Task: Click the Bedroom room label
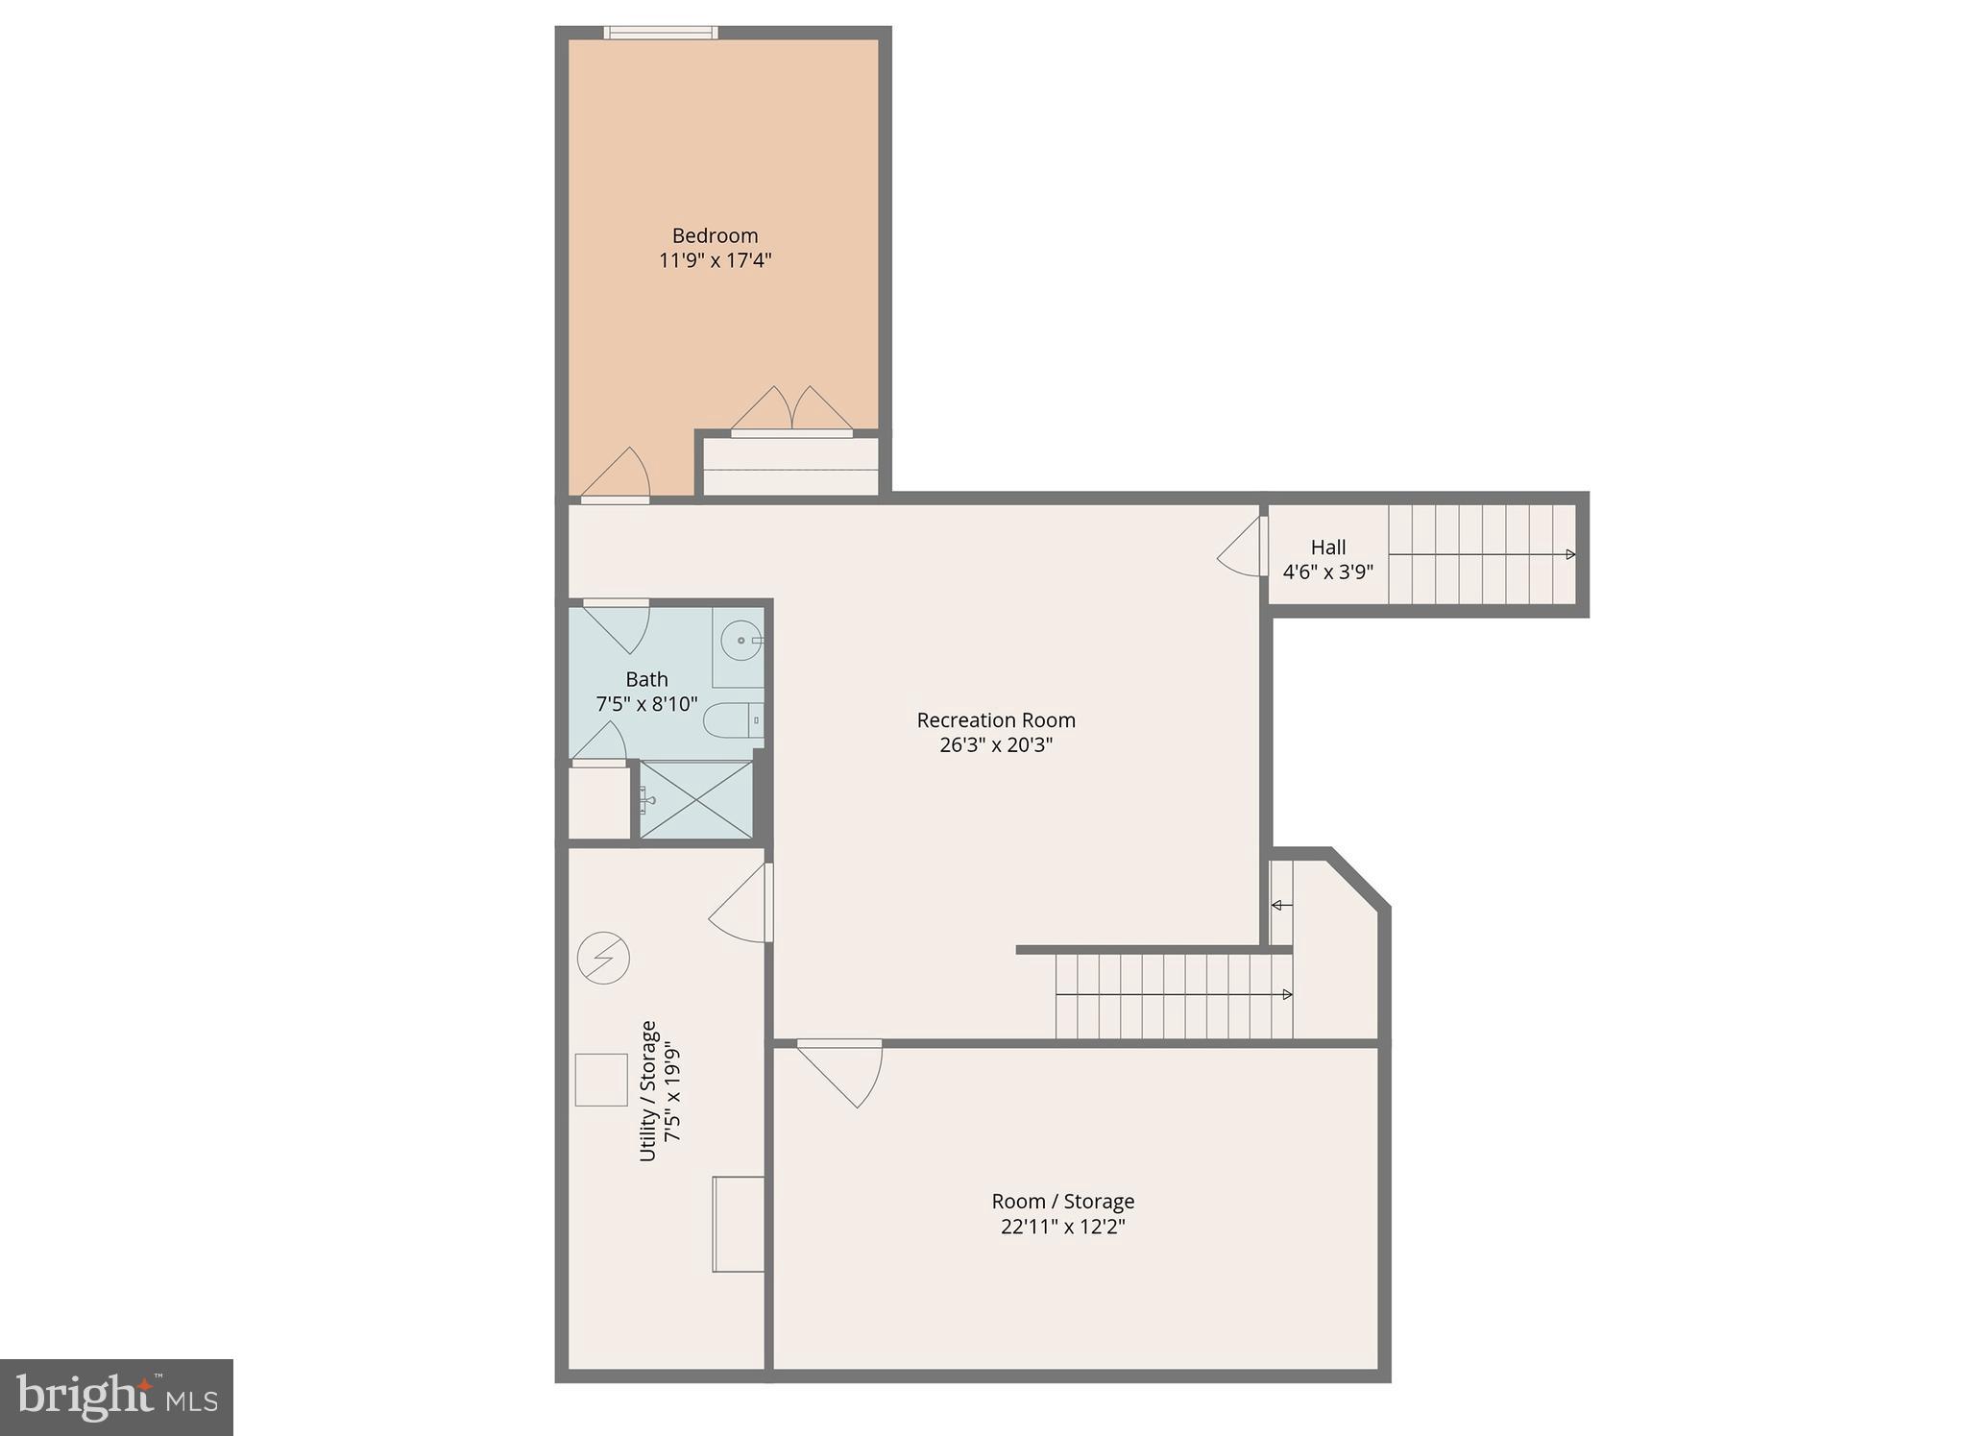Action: [x=715, y=235]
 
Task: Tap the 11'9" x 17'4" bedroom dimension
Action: [x=715, y=260]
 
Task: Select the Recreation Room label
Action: [x=996, y=720]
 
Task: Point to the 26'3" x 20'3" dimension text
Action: [x=996, y=745]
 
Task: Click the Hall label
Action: [x=1328, y=548]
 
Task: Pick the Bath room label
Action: [x=646, y=680]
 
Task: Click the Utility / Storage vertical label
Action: [x=648, y=1091]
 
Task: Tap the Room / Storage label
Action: [x=1063, y=1202]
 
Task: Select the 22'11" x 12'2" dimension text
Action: [x=1063, y=1227]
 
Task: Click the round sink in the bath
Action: [x=741, y=640]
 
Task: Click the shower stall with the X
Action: [x=696, y=799]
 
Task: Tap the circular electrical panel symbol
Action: [x=603, y=958]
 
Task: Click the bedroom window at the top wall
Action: [x=661, y=33]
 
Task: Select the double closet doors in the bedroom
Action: [x=791, y=410]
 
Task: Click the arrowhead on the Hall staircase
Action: [x=1570, y=555]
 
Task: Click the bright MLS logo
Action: [x=116, y=1397]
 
